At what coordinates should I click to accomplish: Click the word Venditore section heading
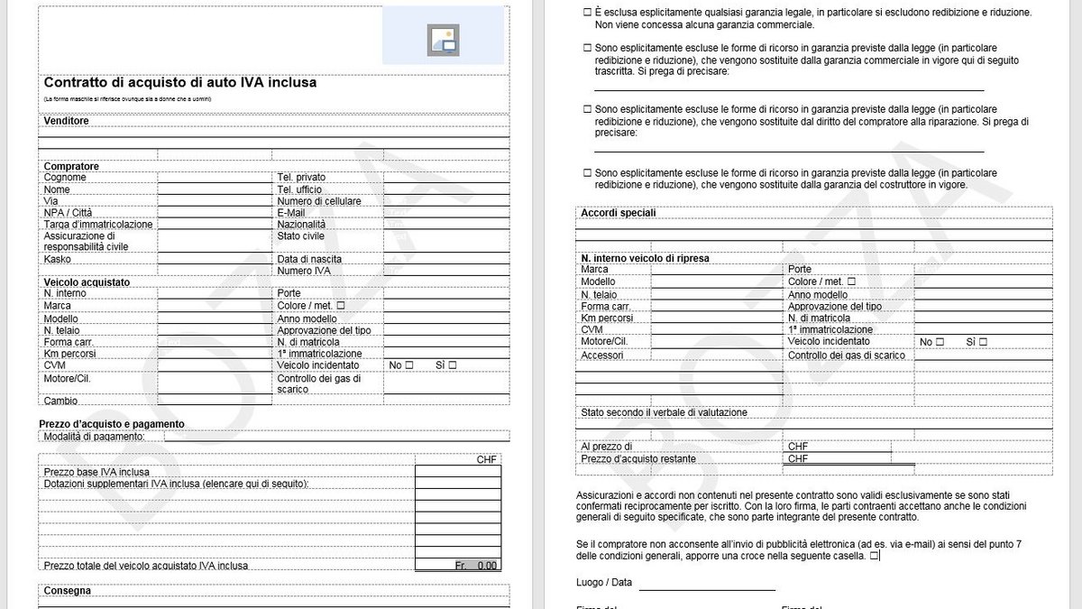(67, 121)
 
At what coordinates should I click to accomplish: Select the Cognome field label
(65, 178)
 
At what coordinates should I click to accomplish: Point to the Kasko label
(57, 259)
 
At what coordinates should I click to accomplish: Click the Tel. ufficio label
(299, 189)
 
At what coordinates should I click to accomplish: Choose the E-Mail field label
(291, 213)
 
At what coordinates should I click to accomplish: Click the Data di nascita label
(309, 259)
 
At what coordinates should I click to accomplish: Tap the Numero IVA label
(304, 271)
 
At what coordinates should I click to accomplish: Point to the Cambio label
(60, 401)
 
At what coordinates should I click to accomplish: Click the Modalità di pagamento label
(94, 437)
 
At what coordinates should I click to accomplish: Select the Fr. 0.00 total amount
(475, 566)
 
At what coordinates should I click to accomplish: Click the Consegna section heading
(67, 591)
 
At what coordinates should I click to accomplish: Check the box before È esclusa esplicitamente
(588, 13)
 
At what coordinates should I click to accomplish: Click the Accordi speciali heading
(619, 213)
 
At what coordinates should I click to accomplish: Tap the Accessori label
(602, 355)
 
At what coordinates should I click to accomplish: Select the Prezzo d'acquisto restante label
(638, 459)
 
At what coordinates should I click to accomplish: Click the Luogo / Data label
(604, 583)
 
